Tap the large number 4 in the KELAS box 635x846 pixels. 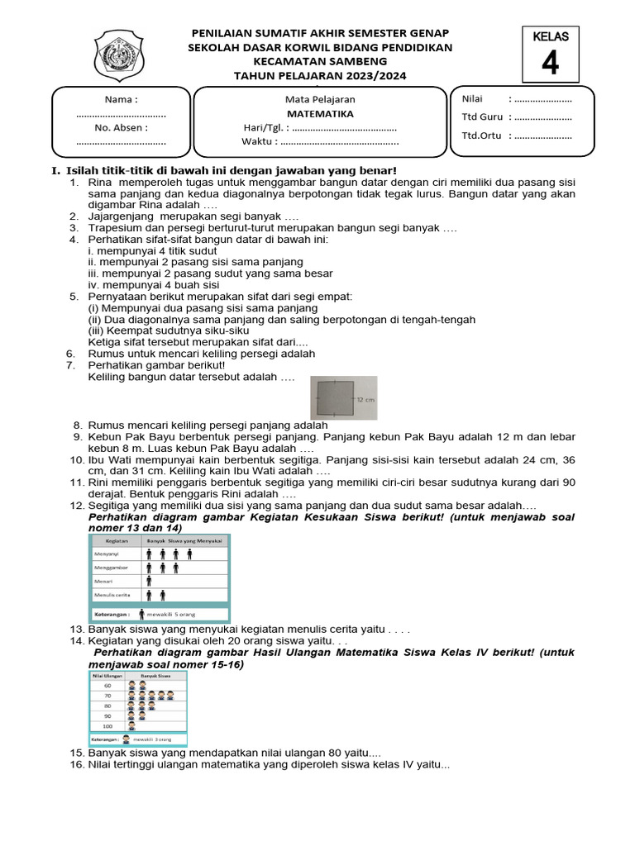[x=550, y=64]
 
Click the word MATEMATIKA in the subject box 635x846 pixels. [x=320, y=114]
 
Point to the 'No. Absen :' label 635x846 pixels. [x=121, y=128]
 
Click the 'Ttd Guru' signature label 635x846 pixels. [x=482, y=117]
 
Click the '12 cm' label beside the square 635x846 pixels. [x=365, y=398]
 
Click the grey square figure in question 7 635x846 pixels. [x=336, y=397]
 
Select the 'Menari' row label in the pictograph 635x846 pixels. [x=104, y=581]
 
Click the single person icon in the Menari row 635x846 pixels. [x=149, y=581]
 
